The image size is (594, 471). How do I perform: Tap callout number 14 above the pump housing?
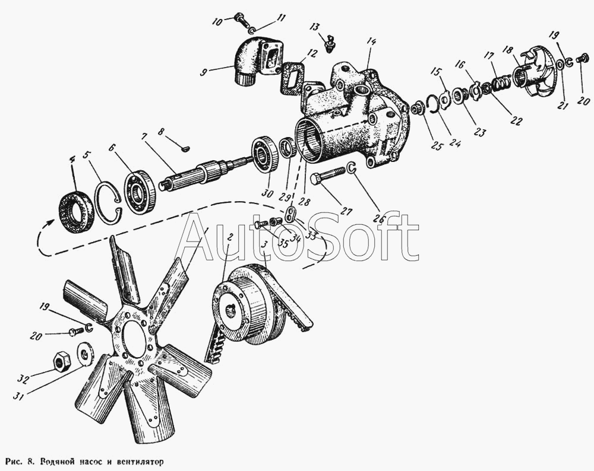[x=371, y=42]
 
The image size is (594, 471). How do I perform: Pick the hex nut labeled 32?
[x=61, y=359]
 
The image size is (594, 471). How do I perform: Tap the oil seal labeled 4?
[x=76, y=210]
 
